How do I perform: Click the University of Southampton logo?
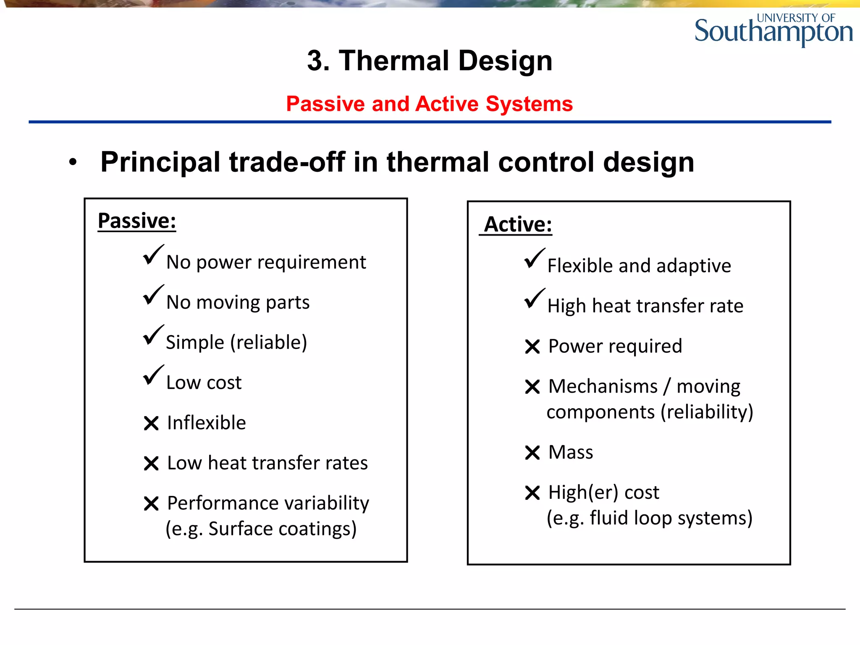tap(773, 30)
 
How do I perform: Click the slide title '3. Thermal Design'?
tap(430, 60)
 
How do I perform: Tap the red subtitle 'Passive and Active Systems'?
tap(429, 104)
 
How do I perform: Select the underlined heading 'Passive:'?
tap(137, 221)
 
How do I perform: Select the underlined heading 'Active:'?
tap(517, 224)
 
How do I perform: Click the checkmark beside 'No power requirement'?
tap(153, 255)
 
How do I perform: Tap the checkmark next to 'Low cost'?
tap(153, 375)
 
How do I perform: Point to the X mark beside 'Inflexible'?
tap(151, 423)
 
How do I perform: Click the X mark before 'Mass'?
tap(532, 453)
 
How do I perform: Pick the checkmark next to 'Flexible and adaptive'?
tap(534, 259)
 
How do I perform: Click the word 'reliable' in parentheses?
tap(269, 342)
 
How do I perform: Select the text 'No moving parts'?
tap(238, 302)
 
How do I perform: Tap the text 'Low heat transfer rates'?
tap(267, 463)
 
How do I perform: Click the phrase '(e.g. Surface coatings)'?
tap(261, 529)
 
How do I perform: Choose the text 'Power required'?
tap(615, 346)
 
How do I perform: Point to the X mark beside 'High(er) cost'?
tap(532, 493)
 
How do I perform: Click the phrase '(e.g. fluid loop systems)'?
tap(649, 518)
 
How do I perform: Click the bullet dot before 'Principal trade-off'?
tap(73, 163)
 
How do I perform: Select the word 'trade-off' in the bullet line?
tap(287, 162)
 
